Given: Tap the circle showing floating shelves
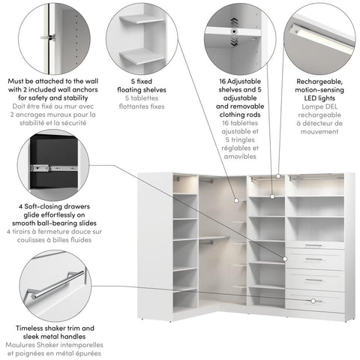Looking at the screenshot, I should click(141, 37).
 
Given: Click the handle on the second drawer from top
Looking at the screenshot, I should click(314, 259).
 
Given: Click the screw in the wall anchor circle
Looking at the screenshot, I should click(50, 37).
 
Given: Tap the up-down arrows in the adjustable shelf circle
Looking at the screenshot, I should click(234, 22).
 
